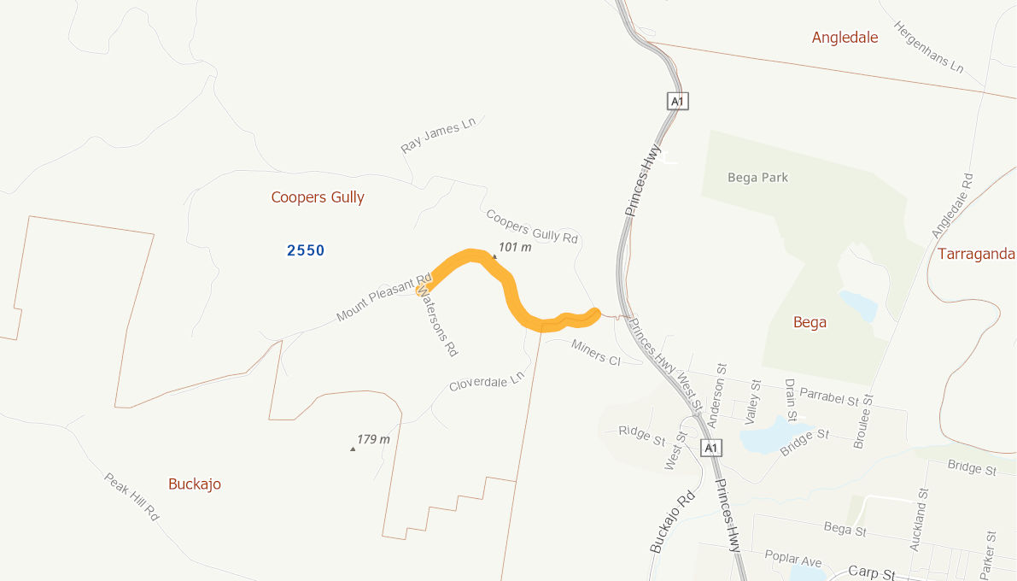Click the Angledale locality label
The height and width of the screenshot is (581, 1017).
coord(845,37)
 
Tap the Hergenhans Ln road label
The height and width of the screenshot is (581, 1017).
coord(928,46)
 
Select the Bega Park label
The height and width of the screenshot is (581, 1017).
coord(757,178)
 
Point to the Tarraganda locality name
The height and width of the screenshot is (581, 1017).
coord(976,254)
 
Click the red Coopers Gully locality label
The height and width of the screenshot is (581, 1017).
coord(318,197)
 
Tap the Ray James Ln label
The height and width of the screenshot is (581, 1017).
coord(438,136)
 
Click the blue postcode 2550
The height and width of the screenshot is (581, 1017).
coord(306,250)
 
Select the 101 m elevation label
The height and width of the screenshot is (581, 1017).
coord(515,248)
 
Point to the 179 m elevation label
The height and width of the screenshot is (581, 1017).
coord(373,439)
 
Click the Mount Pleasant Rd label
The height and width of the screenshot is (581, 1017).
coord(383,298)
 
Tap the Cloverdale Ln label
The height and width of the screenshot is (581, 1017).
coord(486,381)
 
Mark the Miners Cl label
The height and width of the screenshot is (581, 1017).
coord(596,352)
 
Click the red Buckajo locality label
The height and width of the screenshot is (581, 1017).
coord(195,484)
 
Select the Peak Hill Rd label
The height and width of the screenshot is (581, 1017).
coord(132,497)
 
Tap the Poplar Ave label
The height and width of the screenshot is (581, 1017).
coord(793,561)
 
